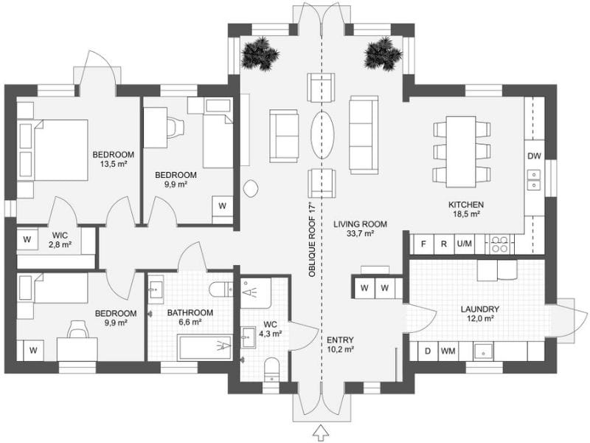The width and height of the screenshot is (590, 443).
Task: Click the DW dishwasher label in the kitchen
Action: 535,156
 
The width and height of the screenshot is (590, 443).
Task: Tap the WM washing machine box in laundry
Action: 448,351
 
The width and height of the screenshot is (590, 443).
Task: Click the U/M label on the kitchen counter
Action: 465,244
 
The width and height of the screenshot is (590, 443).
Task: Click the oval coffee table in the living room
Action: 322,134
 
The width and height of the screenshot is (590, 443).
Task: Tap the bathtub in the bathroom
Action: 204,346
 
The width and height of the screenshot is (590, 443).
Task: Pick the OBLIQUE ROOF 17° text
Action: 312,239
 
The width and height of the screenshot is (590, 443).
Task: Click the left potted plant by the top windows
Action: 260,53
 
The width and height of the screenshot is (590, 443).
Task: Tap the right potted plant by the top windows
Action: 383,53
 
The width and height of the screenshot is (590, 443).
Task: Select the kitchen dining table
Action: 462,151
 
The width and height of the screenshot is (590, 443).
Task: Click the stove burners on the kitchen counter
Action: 501,244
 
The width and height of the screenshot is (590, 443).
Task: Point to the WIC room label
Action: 60,235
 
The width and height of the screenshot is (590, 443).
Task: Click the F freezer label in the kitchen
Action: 423,244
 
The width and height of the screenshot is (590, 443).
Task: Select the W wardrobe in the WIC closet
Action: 27,239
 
